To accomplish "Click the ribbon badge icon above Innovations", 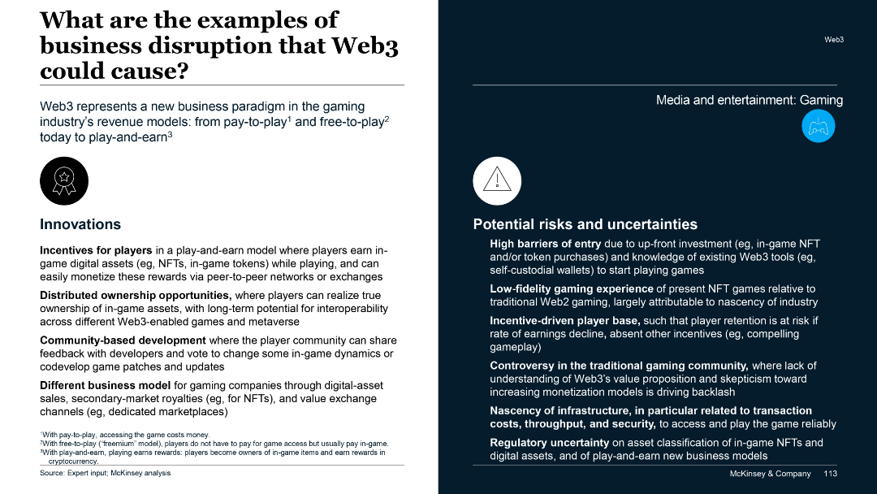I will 64,181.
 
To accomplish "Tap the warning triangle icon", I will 497,181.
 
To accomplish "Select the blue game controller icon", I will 818,126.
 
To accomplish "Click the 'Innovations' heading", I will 80,224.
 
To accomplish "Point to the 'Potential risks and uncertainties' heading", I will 585,224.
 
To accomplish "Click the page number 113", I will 830,474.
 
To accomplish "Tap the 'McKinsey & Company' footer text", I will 770,474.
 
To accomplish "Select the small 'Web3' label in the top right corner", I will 834,39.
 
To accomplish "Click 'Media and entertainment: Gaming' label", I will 749,101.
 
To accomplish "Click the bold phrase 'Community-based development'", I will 123,340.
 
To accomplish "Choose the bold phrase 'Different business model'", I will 105,385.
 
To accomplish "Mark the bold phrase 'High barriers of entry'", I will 545,244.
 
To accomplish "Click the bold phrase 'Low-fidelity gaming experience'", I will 572,288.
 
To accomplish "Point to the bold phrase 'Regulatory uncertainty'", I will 549,443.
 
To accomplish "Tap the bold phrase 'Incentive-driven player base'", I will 564,321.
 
